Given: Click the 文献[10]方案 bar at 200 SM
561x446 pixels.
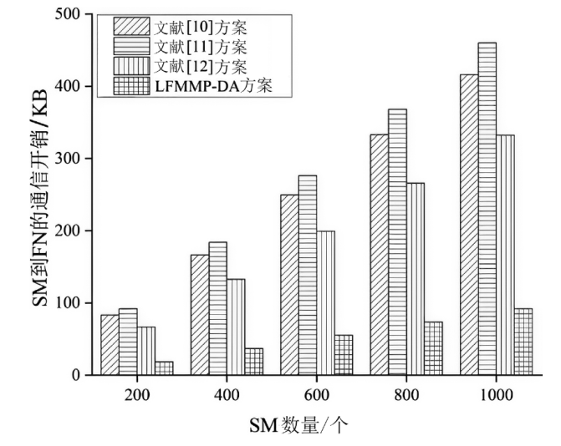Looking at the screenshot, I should [110, 345].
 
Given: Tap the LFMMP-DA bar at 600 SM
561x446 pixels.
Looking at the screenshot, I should [343, 355].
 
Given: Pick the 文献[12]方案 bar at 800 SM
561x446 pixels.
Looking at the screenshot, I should [415, 279].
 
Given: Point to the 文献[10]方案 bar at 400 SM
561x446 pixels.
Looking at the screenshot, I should [199, 315].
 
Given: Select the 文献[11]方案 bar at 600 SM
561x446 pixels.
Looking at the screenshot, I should [307, 275].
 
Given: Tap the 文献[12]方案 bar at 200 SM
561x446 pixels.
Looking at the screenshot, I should [145, 351].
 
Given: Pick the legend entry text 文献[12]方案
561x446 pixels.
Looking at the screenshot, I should [195, 63].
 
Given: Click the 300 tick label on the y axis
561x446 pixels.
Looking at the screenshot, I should [68, 159].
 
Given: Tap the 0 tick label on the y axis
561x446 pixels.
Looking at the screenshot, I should [76, 375].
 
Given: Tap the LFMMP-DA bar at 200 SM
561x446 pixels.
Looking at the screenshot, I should [163, 368].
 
